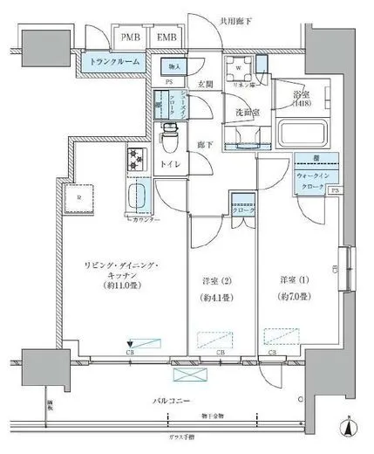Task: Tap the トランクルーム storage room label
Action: pyautogui.click(x=115, y=62)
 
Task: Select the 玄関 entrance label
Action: pyautogui.click(x=206, y=85)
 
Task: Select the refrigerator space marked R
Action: pyautogui.click(x=79, y=198)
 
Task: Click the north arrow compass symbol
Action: pyautogui.click(x=350, y=430)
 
